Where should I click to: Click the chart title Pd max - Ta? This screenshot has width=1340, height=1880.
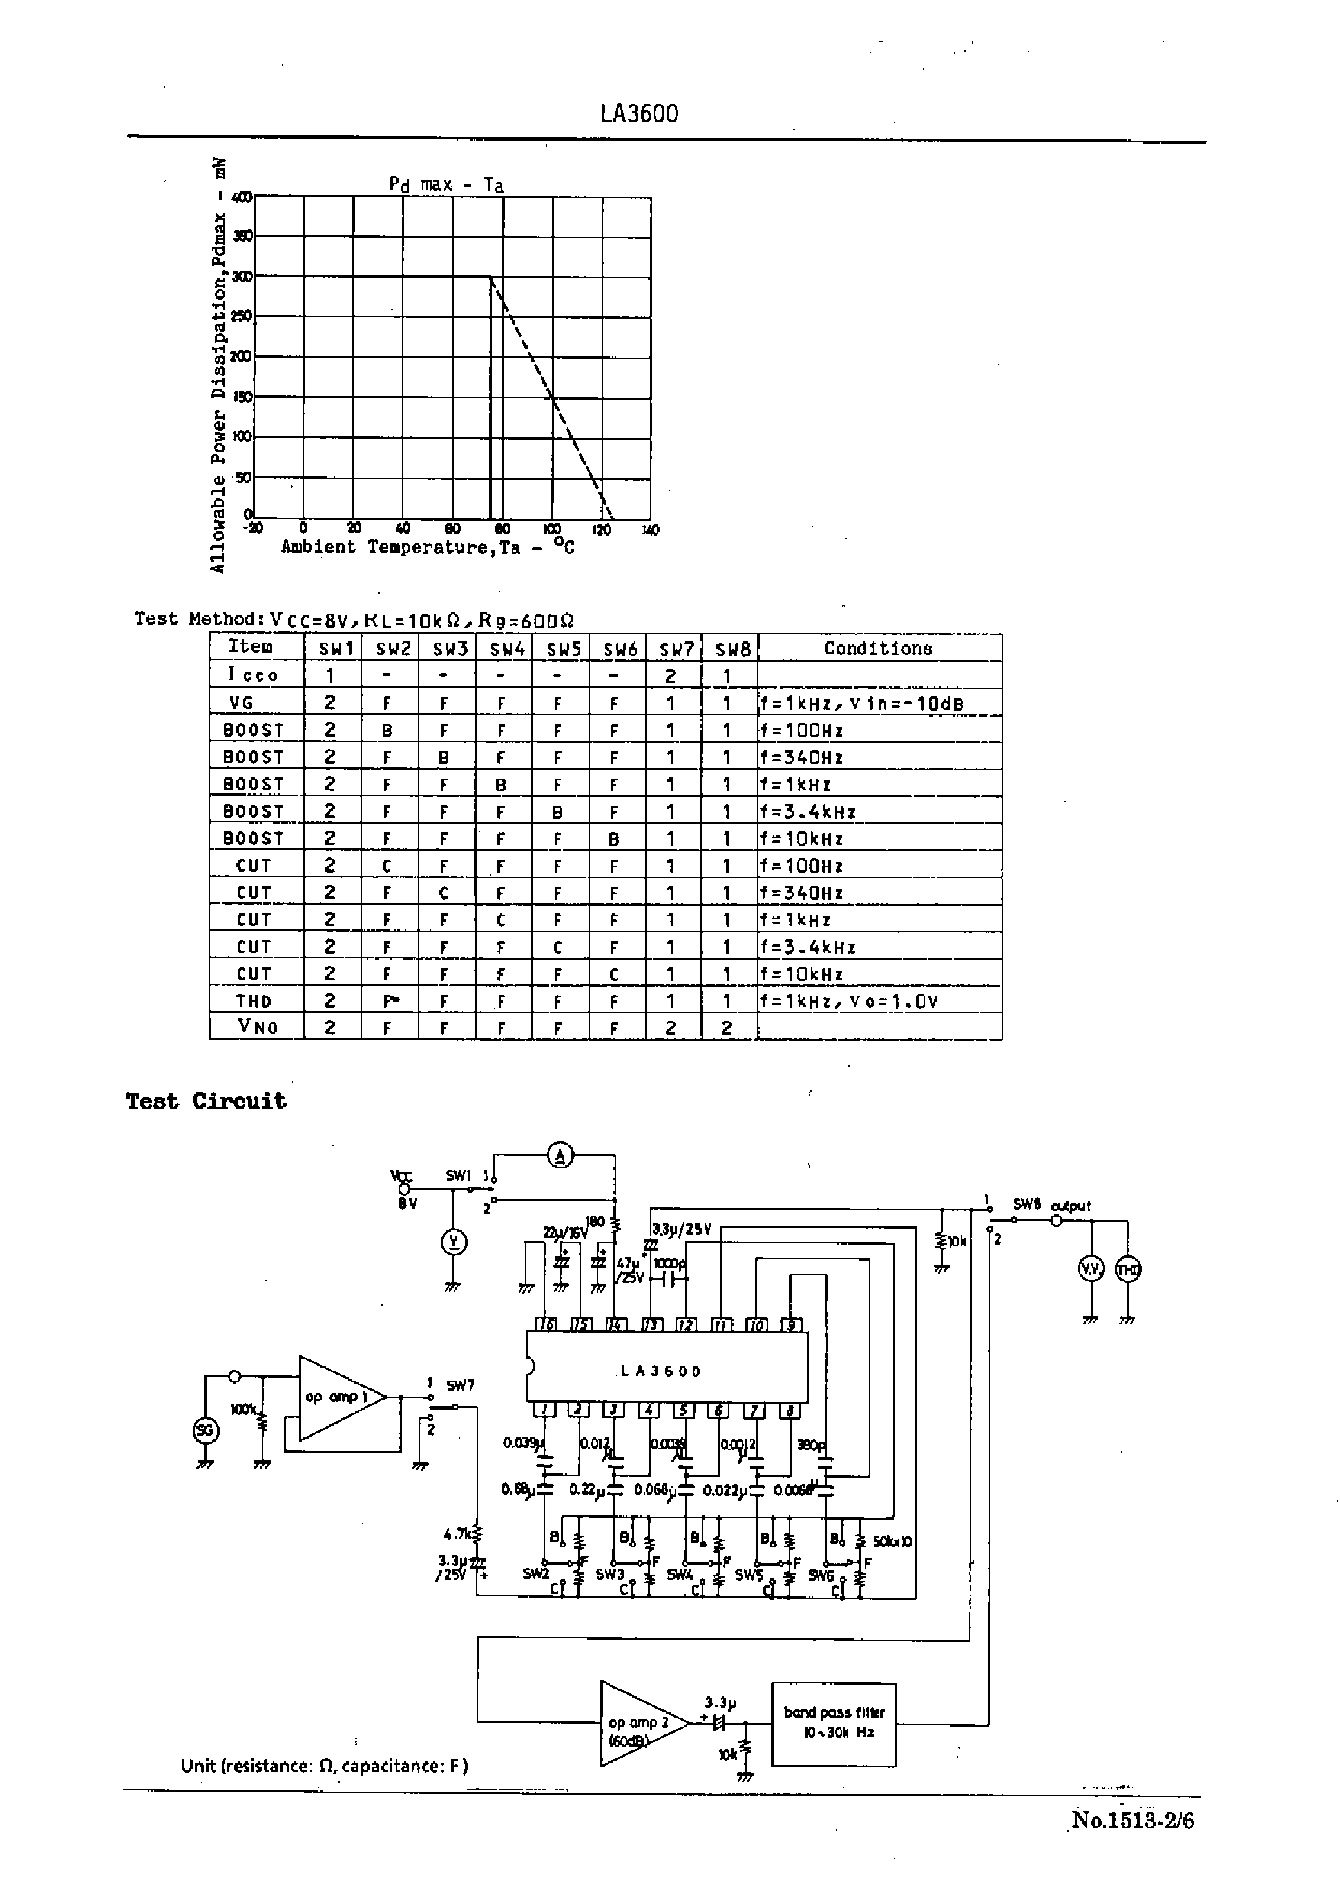point(446,184)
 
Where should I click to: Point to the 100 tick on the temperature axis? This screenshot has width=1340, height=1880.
point(551,529)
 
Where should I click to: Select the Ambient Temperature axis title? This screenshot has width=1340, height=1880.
point(427,547)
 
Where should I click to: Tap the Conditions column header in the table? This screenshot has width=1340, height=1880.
point(878,648)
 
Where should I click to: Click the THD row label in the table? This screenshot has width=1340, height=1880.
point(253,1001)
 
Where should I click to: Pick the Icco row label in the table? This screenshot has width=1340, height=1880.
point(253,675)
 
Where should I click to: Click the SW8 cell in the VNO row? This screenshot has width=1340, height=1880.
point(727,1027)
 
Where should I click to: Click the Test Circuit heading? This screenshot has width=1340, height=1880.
point(206,1101)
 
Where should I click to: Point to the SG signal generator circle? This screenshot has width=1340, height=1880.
point(206,1430)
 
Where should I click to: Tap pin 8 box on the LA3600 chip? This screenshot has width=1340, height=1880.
point(790,1410)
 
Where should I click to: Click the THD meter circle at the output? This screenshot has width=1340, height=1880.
point(1128,1269)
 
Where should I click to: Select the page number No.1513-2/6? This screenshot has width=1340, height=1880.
point(1132,1820)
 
